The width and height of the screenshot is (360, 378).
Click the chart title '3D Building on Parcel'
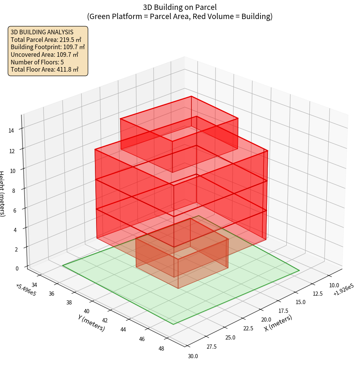[x=180, y=7]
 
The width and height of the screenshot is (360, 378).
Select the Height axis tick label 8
[x=14, y=191]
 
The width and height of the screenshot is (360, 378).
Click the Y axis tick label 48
[x=161, y=348]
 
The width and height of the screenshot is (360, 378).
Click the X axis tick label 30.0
[x=193, y=356]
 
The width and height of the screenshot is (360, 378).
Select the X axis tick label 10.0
[x=334, y=285]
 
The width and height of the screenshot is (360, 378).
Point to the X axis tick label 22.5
[x=248, y=328]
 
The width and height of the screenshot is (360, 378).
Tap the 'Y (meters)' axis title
[x=92, y=323]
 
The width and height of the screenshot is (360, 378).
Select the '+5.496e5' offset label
[x=26, y=290]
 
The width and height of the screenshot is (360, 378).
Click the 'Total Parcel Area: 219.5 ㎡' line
[x=46, y=39]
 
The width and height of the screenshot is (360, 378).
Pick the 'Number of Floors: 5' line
[x=37, y=62]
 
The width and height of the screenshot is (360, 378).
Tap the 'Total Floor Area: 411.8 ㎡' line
[x=45, y=70]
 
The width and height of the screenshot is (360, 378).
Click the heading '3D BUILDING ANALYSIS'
[x=42, y=32]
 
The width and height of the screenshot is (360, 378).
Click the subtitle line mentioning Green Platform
[x=180, y=16]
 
